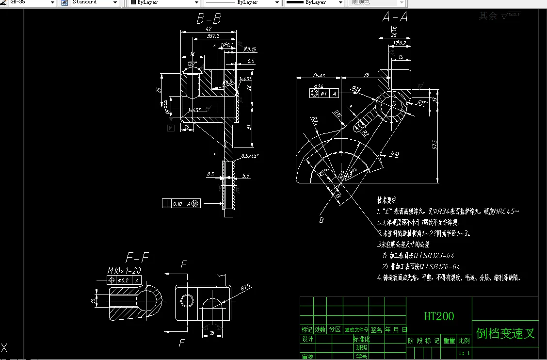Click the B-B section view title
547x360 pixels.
click(x=209, y=19)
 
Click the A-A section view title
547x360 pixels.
click(x=395, y=17)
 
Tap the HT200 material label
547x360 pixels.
click(x=439, y=316)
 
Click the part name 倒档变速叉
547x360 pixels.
click(x=506, y=333)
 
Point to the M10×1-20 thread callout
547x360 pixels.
click(x=124, y=271)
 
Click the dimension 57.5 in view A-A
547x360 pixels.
click(x=434, y=145)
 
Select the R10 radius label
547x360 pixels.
click(x=395, y=154)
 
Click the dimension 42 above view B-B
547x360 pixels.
click(x=208, y=29)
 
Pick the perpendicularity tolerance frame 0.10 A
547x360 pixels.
click(x=181, y=203)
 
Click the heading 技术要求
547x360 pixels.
click(x=387, y=200)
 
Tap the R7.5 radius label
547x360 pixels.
click(x=245, y=288)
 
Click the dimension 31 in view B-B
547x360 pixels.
click(x=248, y=127)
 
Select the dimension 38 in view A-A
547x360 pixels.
click(x=366, y=75)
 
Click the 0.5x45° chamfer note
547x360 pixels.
click(x=250, y=156)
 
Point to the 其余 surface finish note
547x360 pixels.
click(x=488, y=16)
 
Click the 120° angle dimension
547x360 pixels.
click(x=193, y=64)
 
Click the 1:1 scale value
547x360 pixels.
click(x=464, y=354)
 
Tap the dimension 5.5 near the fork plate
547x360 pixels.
click(x=246, y=176)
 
